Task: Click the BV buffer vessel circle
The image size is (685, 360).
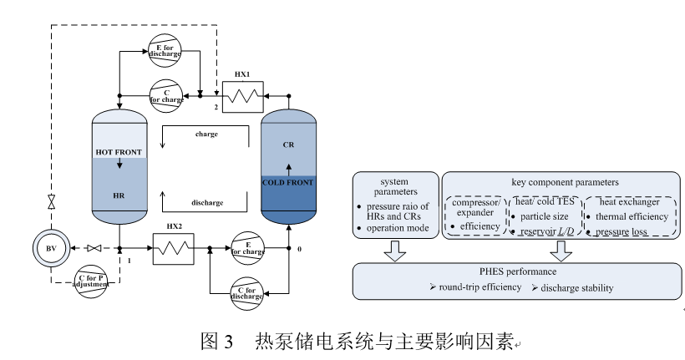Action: point(52,248)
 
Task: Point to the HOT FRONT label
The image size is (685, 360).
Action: point(119,153)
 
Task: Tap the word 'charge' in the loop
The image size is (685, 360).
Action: point(206,134)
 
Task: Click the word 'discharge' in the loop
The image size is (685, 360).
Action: point(206,203)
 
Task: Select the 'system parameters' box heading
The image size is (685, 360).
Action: point(397,187)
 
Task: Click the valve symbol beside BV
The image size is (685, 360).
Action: point(94,249)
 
